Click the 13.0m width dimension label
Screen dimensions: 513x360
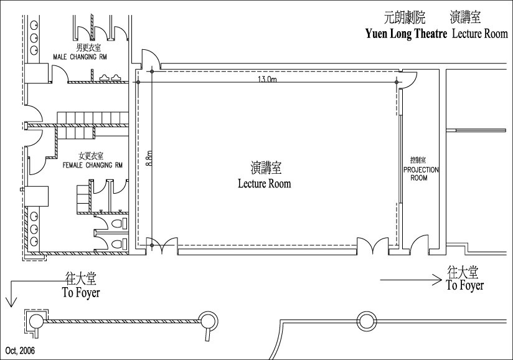pyautogui.click(x=268, y=79)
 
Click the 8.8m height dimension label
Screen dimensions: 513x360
pyautogui.click(x=149, y=158)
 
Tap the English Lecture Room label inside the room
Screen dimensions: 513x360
pyautogui.click(x=265, y=184)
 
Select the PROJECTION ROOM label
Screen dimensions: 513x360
pyautogui.click(x=421, y=174)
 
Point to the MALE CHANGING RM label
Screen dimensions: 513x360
pyautogui.click(x=80, y=57)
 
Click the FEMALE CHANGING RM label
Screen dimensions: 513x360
pyautogui.click(x=93, y=165)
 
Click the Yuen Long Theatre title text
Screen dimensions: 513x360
pyautogui.click(x=406, y=34)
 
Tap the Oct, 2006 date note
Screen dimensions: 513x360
pyautogui.click(x=20, y=351)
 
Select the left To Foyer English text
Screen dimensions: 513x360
pyautogui.click(x=81, y=293)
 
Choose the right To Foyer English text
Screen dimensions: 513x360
pyautogui.click(x=465, y=285)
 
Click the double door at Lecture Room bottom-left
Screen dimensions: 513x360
pyautogui.click(x=162, y=245)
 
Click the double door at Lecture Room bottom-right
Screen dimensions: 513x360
pyautogui.click(x=373, y=245)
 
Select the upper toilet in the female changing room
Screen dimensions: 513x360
pyautogui.click(x=118, y=224)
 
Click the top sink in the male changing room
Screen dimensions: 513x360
pyautogui.click(x=34, y=26)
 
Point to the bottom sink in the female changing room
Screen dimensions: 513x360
pyautogui.click(x=34, y=242)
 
